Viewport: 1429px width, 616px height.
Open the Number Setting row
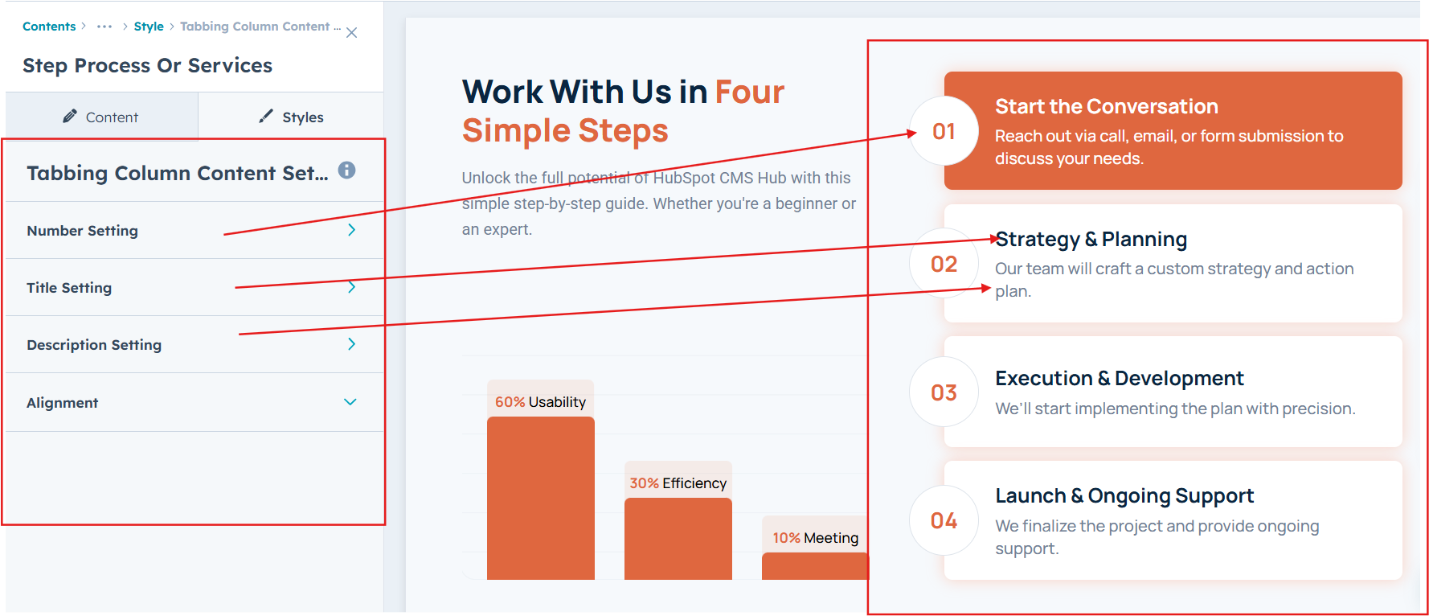coord(193,231)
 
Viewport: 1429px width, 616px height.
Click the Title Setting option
coord(193,288)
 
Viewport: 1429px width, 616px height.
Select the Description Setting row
coord(193,345)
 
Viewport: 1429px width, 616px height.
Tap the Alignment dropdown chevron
coord(350,402)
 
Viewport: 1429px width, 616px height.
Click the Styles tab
coord(291,117)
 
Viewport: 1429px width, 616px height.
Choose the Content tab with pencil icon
coord(101,117)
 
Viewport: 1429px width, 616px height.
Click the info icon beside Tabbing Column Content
coord(346,170)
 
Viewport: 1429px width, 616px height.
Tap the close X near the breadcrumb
coord(351,33)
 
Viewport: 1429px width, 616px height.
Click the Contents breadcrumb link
coord(49,27)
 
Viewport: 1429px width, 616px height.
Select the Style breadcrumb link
coord(149,27)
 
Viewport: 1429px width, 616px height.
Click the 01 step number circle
coord(944,131)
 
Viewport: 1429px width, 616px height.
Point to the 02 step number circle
coord(944,264)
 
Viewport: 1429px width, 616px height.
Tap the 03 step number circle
coord(944,392)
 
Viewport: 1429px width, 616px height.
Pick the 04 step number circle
coord(944,520)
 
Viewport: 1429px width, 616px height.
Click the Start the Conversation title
coord(1107,106)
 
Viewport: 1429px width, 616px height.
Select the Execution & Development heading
coord(1120,378)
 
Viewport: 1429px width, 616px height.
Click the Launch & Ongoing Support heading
coord(1124,495)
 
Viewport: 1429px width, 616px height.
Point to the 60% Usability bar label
coord(540,402)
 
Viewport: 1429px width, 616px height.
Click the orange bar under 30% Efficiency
coord(678,539)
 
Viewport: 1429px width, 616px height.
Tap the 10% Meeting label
coord(815,538)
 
